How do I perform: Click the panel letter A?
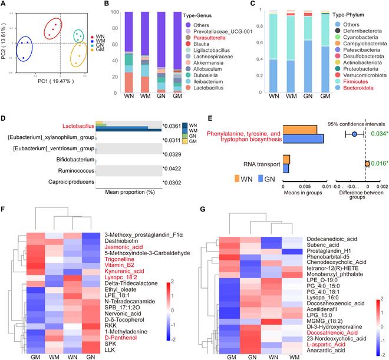[x=4, y=5]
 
